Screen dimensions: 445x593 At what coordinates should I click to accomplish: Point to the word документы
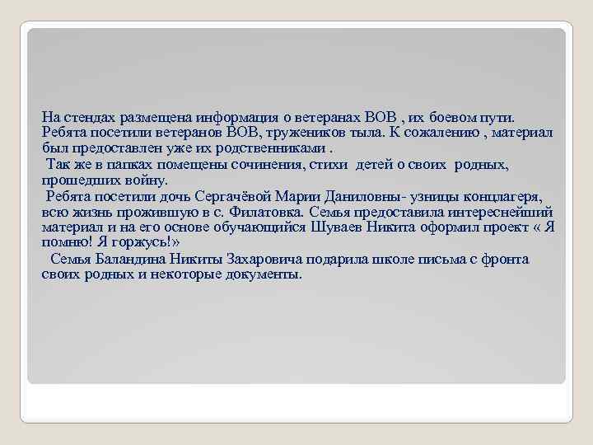pos(264,274)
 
